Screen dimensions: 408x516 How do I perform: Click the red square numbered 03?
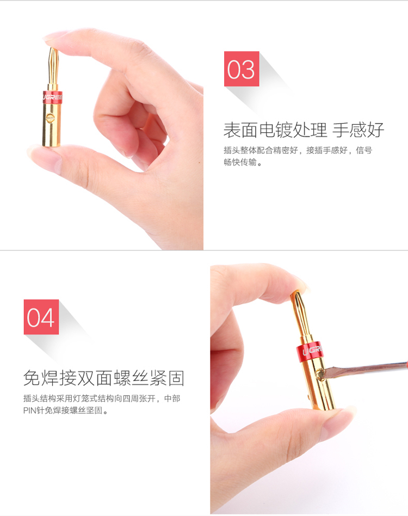[x=242, y=69]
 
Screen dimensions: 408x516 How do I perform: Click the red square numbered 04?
[x=41, y=317]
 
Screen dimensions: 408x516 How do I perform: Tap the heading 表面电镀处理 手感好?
[x=304, y=130]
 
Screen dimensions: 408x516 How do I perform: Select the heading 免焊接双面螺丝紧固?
[x=103, y=378]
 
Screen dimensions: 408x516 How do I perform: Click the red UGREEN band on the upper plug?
[x=53, y=97]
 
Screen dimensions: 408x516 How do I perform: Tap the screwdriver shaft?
[x=365, y=368]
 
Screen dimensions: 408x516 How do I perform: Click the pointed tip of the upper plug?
[x=52, y=49]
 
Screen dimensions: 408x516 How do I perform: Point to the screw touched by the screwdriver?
[x=319, y=374]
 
